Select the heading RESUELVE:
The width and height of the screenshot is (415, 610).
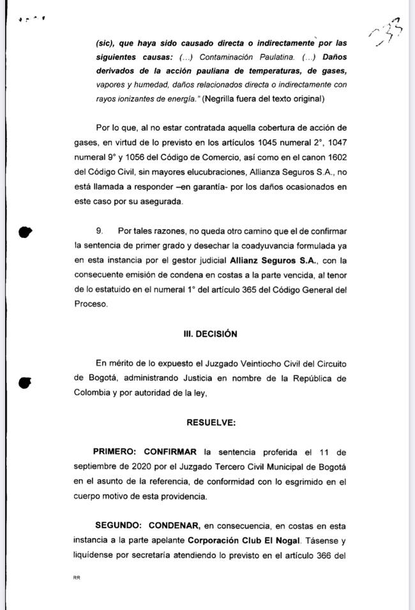(210, 423)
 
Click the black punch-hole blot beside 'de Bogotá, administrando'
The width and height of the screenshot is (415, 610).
(25, 382)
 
